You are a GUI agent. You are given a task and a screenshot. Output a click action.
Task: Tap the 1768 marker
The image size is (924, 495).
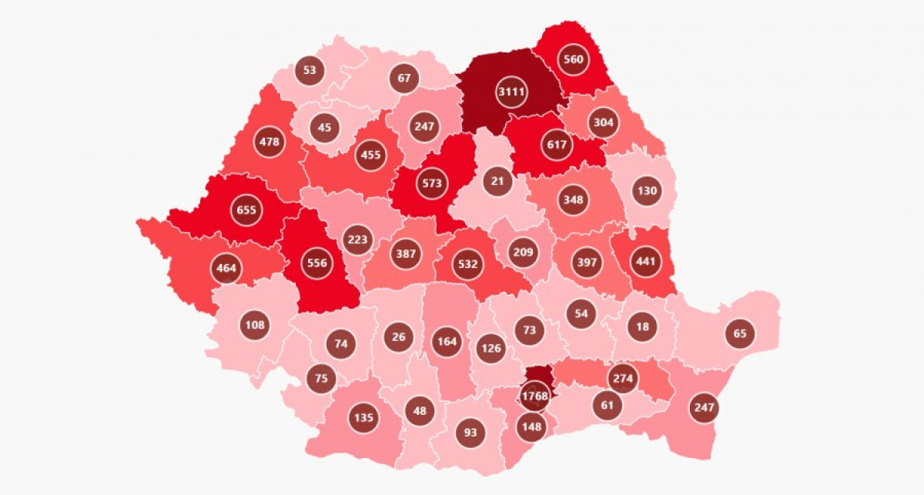[x=534, y=396]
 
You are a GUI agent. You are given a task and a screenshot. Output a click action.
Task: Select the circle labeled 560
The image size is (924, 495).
[x=573, y=60]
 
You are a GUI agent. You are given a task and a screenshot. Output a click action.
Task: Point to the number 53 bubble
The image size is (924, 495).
[x=310, y=70]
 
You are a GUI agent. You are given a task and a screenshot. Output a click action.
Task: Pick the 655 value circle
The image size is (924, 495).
[x=247, y=209]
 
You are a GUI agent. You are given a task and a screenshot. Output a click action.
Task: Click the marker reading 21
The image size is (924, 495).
[x=498, y=182]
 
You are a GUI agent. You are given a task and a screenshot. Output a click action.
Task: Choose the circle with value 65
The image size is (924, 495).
[x=740, y=333]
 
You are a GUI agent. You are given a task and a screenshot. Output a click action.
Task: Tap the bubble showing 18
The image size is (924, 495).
[x=642, y=326]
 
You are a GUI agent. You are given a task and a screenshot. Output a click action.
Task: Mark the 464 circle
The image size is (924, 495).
[x=227, y=269]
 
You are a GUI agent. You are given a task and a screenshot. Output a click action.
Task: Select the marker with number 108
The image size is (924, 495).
[x=255, y=325]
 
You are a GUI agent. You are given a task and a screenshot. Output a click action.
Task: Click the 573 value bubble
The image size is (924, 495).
[x=431, y=183]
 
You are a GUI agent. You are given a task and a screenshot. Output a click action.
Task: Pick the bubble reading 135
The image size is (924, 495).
[x=363, y=418]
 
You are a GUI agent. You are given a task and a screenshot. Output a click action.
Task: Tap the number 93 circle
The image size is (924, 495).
[x=470, y=432]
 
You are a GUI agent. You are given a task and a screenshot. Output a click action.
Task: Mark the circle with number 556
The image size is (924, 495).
[x=316, y=263]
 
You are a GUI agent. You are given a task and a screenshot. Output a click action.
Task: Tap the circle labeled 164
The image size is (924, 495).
[x=446, y=341]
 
